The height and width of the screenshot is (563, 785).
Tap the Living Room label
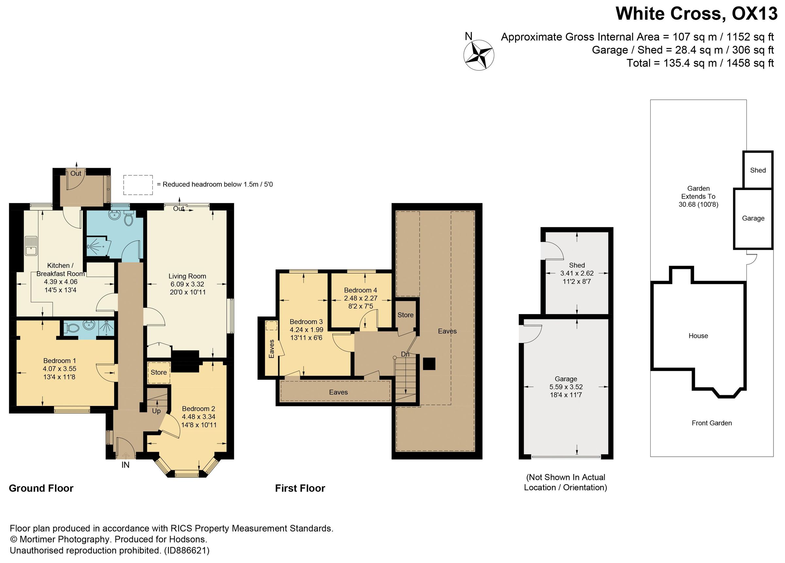tap(187, 276)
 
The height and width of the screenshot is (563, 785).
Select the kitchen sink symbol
tap(31, 245)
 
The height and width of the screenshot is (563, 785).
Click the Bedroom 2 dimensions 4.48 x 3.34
tap(199, 417)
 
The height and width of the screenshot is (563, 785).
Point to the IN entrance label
tap(125, 465)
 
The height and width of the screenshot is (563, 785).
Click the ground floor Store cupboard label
tap(159, 373)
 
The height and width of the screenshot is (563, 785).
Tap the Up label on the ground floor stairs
tap(156, 411)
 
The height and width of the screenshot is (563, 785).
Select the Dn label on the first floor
tap(405, 354)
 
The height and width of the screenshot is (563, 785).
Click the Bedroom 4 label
tap(360, 290)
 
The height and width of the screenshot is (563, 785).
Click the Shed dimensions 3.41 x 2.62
tap(577, 273)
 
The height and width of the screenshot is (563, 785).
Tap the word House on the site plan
tap(698, 336)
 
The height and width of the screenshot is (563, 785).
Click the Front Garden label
tap(712, 423)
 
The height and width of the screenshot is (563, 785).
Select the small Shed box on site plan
tap(758, 170)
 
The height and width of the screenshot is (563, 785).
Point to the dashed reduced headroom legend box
tap(138, 185)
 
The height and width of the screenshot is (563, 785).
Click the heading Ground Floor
tap(41, 488)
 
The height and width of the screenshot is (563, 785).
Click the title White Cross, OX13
tap(696, 14)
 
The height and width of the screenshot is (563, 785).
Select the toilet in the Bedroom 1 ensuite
tap(71, 328)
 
